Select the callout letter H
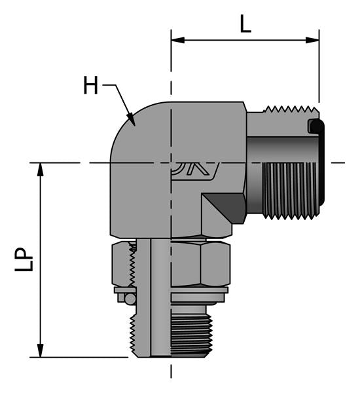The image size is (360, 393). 91,85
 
